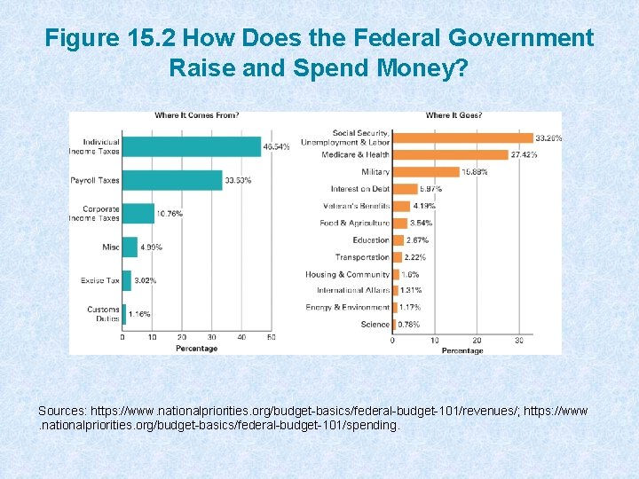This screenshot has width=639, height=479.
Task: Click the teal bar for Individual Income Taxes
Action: pyautogui.click(x=191, y=146)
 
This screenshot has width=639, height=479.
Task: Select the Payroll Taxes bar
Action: pyautogui.click(x=172, y=180)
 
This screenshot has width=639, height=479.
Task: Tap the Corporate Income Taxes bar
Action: pyautogui.click(x=138, y=214)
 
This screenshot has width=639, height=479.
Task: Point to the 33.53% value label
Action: pyautogui.click(x=238, y=181)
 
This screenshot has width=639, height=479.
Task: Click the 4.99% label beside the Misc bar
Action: pyautogui.click(x=152, y=247)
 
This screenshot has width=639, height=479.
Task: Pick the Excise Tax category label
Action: pyautogui.click(x=99, y=280)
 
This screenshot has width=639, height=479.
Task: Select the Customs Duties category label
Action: pyautogui.click(x=103, y=314)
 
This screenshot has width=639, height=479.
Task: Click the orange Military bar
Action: pyautogui.click(x=425, y=171)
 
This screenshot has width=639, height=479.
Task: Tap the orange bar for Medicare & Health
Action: pyautogui.click(x=449, y=154)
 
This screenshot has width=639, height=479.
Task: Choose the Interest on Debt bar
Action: pyautogui.click(x=405, y=189)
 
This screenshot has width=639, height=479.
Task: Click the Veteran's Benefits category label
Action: pyautogui.click(x=356, y=206)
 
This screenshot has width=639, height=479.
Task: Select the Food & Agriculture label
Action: pyautogui.click(x=354, y=223)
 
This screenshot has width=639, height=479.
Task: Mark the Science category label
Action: pyautogui.click(x=375, y=325)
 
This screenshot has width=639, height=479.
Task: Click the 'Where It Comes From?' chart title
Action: pyautogui.click(x=196, y=115)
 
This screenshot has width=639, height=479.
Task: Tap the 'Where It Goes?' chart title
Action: pyautogui.click(x=454, y=115)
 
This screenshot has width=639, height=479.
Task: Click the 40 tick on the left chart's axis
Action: pyautogui.click(x=241, y=338)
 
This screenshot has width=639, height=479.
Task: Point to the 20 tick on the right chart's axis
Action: pyautogui.click(x=477, y=341)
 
